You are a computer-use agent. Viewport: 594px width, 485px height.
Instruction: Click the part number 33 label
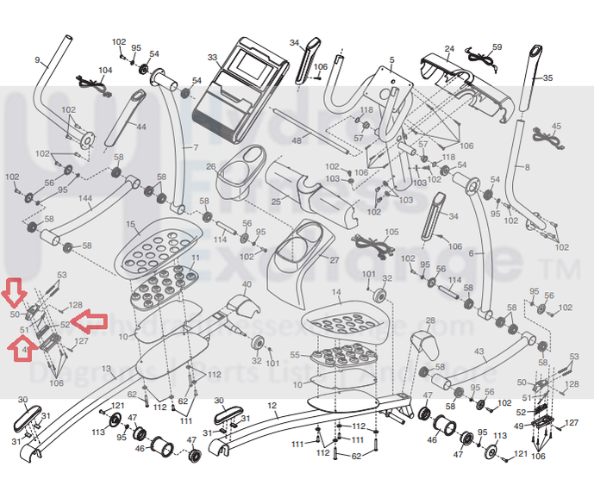212,58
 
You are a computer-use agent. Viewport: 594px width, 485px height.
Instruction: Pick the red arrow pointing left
90,322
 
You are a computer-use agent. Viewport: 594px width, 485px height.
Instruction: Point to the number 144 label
84,198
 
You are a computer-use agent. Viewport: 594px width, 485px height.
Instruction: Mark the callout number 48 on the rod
297,140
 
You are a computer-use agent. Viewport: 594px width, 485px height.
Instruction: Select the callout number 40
247,284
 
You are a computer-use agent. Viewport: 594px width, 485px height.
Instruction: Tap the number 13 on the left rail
107,369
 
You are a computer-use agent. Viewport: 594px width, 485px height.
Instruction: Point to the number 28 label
428,320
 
